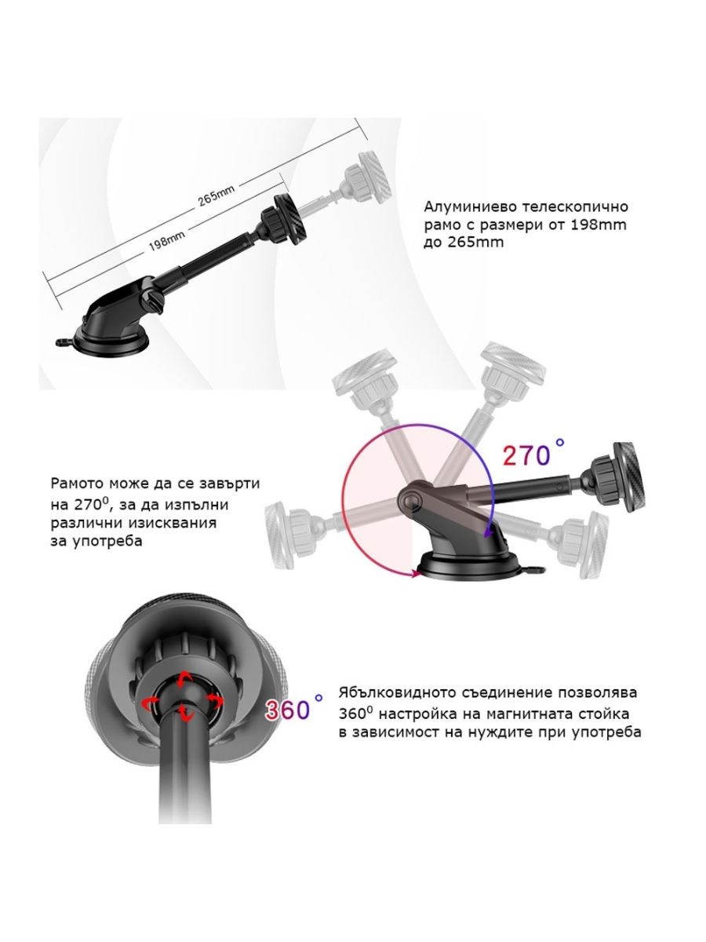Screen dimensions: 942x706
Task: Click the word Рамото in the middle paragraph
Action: tap(78, 484)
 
